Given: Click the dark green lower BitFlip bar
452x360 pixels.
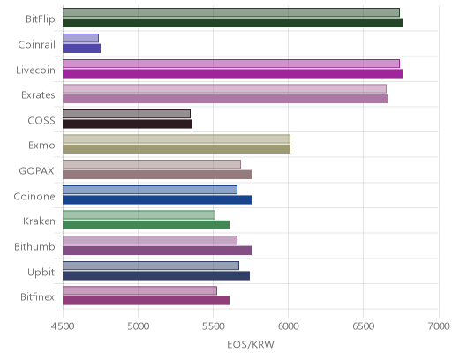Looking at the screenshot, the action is click(232, 23).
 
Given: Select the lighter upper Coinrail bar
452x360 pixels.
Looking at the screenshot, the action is click(80, 38).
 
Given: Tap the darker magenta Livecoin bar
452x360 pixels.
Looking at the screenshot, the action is click(232, 73).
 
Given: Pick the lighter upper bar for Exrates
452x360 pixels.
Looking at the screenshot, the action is click(224, 88).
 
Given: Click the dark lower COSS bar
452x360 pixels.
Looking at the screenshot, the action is click(127, 124).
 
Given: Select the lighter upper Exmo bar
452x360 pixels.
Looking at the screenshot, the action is click(177, 139).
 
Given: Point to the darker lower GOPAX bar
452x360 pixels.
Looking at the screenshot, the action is click(157, 175).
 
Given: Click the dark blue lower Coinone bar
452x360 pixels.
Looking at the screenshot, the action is click(157, 199).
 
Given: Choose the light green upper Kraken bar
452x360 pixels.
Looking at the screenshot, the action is click(139, 214).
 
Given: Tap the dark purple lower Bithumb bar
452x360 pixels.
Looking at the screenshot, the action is click(157, 251).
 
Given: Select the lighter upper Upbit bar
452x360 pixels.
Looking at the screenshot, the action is click(151, 266).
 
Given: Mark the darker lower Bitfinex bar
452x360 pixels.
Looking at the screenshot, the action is click(146, 301).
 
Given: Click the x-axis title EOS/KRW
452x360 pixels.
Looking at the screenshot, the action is click(251, 344).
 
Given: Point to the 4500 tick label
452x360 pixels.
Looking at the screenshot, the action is click(63, 326).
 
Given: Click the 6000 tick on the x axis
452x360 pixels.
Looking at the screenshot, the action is click(288, 326).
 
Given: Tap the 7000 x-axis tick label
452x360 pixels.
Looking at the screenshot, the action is click(439, 326).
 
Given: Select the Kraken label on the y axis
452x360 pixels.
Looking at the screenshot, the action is click(39, 221).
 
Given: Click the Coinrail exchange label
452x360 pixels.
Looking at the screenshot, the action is click(37, 44).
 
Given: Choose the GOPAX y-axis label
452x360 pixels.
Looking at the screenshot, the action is click(37, 170).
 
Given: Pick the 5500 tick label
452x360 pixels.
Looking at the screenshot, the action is click(213, 326).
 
